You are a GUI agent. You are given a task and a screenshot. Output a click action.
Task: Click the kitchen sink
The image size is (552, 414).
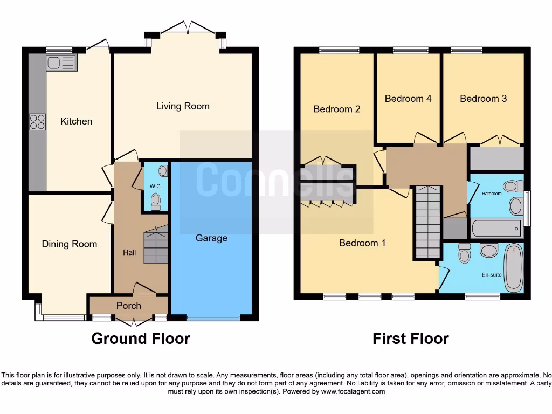pos(61,63)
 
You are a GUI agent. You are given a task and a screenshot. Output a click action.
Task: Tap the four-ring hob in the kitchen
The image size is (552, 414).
pos(37,122)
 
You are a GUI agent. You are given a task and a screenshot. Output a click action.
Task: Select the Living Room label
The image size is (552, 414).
pos(183,106)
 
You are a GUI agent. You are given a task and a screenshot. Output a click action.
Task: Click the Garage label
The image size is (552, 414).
pos(211,238)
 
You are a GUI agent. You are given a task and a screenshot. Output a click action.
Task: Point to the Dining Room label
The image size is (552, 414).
pos(70,244)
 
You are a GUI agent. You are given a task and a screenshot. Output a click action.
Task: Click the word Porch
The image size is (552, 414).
pos(129,306)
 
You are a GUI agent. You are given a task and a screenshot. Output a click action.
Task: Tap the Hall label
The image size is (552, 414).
pos(129,252)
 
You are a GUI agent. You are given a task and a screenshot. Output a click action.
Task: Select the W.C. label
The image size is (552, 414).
pos(156,187)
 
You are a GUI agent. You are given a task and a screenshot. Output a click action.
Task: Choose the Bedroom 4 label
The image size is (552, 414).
pos(408,99)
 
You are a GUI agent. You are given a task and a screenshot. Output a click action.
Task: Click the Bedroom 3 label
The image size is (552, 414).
pos(483,99)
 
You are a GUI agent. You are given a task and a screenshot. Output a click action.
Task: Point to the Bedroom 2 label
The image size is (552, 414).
pos(337,109)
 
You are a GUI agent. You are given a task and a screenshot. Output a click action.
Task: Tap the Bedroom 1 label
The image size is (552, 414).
pos(362,243)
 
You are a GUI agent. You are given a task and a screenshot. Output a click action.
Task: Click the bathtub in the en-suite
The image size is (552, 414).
pos(513,267)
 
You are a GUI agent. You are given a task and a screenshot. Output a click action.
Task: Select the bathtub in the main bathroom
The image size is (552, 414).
pos(496,229)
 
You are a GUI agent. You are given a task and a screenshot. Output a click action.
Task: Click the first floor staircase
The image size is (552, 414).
pos(428,221)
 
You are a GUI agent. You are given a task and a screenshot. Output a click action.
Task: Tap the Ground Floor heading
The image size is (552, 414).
pos(141,339)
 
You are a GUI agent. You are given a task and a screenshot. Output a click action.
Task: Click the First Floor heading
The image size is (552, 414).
pos(411,339)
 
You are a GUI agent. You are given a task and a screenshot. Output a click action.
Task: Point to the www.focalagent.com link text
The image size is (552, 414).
pos(353,391)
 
